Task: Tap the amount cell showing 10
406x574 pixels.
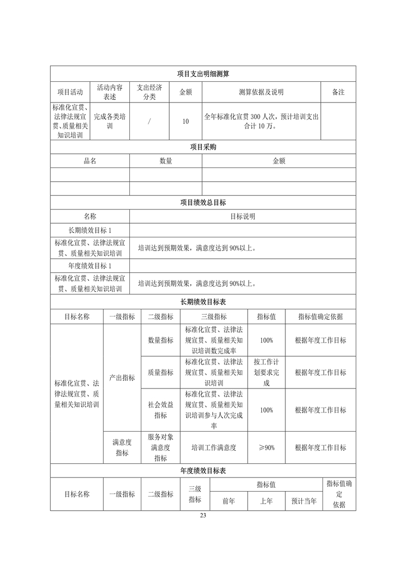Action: [186, 121]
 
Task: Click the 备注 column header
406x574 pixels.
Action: [338, 92]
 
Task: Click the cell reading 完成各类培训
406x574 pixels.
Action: [110, 121]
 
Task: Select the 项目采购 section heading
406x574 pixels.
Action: [203, 147]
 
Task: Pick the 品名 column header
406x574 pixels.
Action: [90, 161]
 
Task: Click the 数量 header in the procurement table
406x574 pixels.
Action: [166, 161]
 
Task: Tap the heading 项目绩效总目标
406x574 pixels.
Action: [203, 202]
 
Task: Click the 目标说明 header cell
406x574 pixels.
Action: [243, 216]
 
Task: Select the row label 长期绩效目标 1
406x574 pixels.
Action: [90, 230]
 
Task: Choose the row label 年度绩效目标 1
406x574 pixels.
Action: [90, 266]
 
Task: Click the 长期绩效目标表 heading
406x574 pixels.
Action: [203, 302]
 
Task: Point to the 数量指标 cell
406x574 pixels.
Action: [160, 340]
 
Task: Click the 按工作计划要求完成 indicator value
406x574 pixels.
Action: [266, 373]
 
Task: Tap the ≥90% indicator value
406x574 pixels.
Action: [266, 447]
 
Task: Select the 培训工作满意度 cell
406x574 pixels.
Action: [214, 447]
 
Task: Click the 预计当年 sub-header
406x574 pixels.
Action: [304, 501]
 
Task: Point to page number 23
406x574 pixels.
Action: [203, 516]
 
